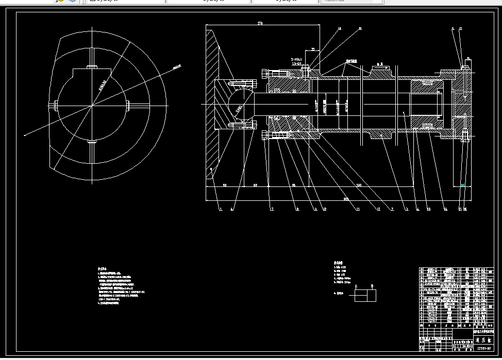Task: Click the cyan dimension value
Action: coord(463,185)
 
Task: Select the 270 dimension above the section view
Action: coord(260,23)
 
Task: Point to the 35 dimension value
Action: coord(312,50)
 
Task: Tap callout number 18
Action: coord(339,29)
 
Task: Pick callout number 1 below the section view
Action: coord(220,209)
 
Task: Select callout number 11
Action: coord(358,209)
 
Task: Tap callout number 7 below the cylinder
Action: coord(272,209)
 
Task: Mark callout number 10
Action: coord(324,209)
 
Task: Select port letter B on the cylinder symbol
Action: coord(373,286)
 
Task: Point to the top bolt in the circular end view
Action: coord(92,66)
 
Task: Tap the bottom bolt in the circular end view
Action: coord(92,141)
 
